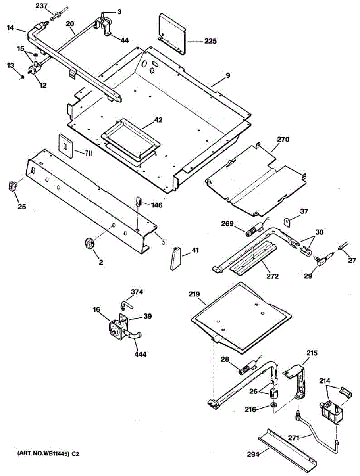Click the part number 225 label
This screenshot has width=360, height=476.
coord(211,41)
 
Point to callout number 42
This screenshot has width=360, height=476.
coord(158,120)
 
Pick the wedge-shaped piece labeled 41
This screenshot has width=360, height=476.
coord(175,258)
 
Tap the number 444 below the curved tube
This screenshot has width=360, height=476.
coord(140,354)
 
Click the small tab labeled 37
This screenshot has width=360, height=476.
coord(288,221)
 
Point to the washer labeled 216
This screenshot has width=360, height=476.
coord(273,405)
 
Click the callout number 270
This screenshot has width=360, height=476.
coord(283,140)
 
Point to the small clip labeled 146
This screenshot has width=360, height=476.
coord(139,201)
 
